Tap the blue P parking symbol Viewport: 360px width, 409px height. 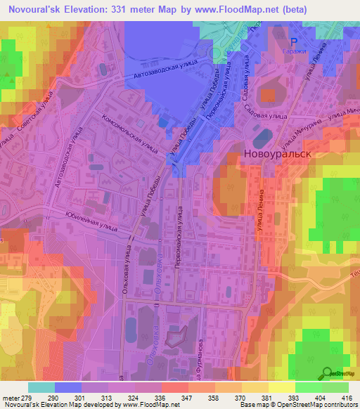295,41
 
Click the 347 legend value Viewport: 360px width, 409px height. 174,397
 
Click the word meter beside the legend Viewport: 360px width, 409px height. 10,397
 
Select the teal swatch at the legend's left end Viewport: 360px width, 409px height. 41,387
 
